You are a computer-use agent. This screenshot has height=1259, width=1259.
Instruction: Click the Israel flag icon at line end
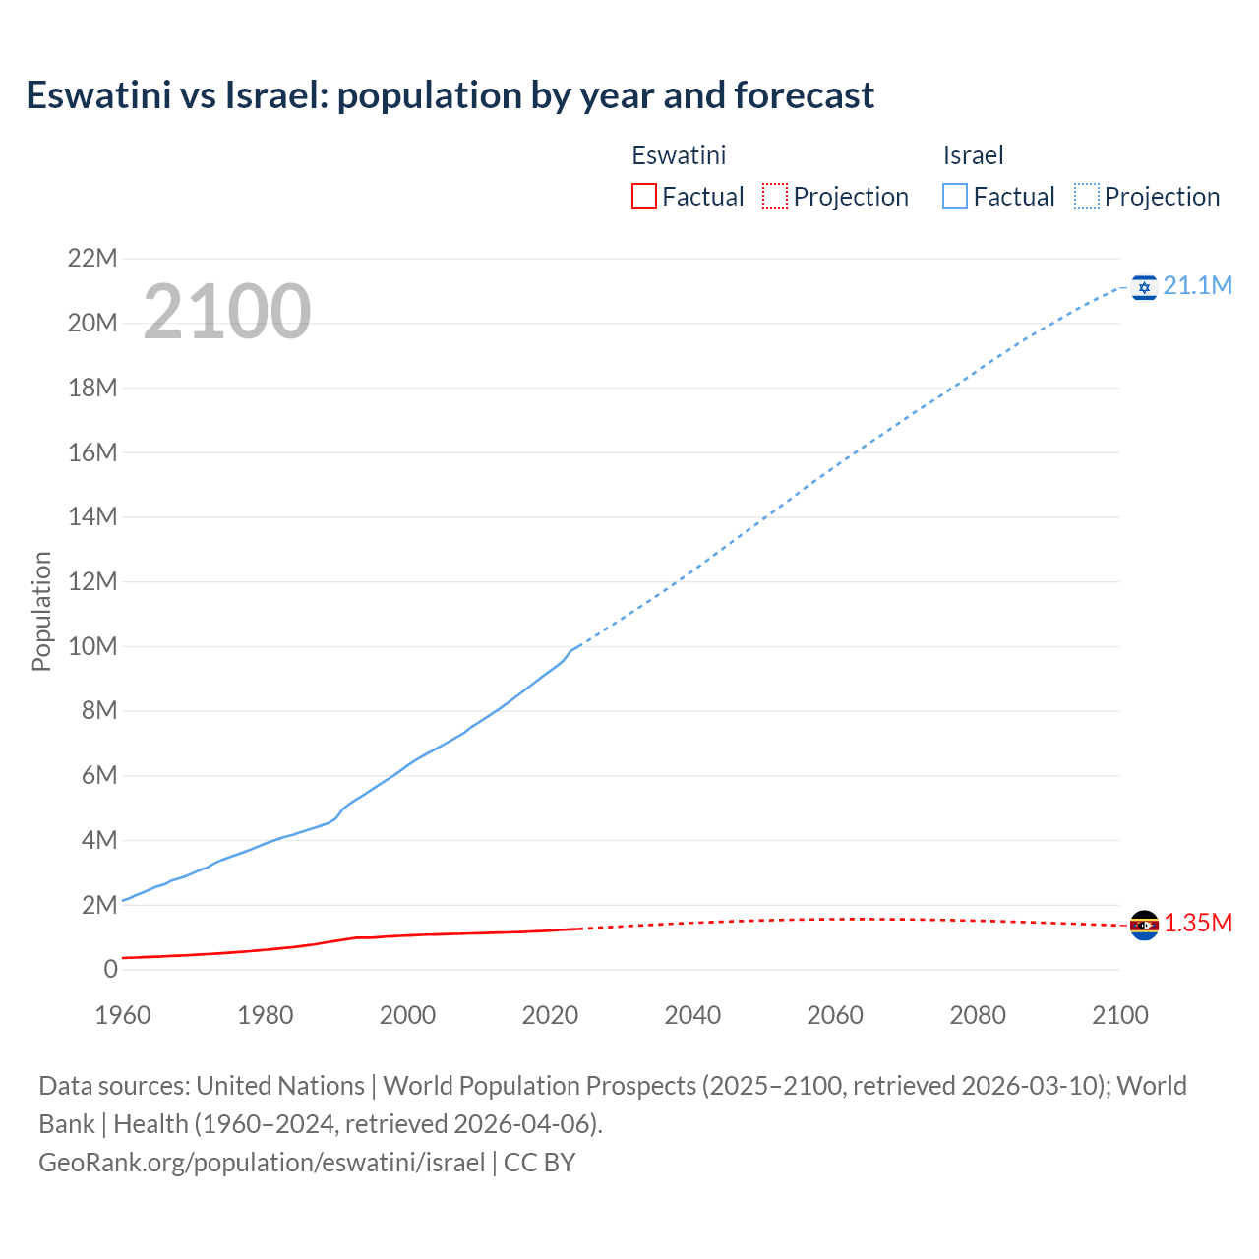pyautogui.click(x=1143, y=287)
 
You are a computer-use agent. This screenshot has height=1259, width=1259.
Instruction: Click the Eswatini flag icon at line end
pyautogui.click(x=1143, y=925)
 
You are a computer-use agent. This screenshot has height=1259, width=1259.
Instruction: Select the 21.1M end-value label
pyautogui.click(x=1197, y=285)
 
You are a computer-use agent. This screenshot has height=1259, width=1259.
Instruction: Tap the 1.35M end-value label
pyautogui.click(x=1198, y=923)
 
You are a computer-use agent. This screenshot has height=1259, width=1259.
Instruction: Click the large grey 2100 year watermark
pyautogui.click(x=227, y=312)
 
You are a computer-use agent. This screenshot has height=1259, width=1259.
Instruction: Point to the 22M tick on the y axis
pyautogui.click(x=92, y=259)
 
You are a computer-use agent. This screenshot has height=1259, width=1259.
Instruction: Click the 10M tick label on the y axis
pyautogui.click(x=92, y=646)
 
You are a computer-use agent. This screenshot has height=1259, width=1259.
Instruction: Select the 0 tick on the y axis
pyautogui.click(x=110, y=969)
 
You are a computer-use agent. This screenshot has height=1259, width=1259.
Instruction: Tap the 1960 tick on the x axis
pyautogui.click(x=123, y=1015)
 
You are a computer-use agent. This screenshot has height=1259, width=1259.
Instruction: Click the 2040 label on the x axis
pyautogui.click(x=692, y=1015)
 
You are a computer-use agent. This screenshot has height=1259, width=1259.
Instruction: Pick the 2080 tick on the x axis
pyautogui.click(x=978, y=1015)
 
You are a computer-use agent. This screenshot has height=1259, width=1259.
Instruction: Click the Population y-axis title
pyautogui.click(x=41, y=611)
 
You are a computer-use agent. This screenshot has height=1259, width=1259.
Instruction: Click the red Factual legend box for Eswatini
pyautogui.click(x=643, y=196)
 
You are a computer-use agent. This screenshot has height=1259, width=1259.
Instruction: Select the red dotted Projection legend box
pyautogui.click(x=775, y=196)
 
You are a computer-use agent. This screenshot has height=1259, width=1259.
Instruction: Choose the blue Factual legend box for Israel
pyautogui.click(x=955, y=196)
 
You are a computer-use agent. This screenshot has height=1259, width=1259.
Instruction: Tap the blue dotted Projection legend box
pyautogui.click(x=1087, y=196)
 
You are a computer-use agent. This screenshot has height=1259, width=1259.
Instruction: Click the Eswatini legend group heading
pyautogui.click(x=679, y=155)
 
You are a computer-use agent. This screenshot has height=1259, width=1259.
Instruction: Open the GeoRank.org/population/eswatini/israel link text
pyautogui.click(x=262, y=1162)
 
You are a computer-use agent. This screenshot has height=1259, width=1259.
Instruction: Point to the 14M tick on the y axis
pyautogui.click(x=92, y=516)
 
